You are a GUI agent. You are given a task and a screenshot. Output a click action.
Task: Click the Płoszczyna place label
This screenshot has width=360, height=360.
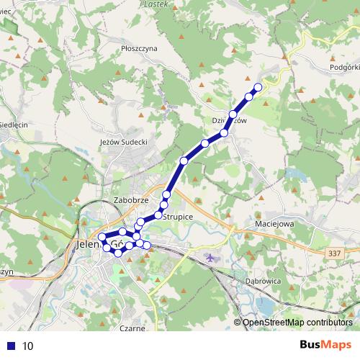(140, 48)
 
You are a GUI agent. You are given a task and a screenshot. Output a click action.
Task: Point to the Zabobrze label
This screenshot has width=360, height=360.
(130, 200)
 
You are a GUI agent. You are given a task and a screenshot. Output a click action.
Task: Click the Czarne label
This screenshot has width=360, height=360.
(134, 328)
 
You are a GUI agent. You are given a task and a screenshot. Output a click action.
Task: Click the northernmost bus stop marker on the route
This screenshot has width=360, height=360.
(258, 87)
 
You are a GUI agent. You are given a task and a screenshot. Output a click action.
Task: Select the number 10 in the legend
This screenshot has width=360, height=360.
(28, 346)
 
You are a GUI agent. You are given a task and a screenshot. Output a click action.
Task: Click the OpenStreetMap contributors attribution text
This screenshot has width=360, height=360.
(297, 323)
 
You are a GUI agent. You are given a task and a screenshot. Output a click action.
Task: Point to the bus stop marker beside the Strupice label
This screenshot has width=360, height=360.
(158, 215)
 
